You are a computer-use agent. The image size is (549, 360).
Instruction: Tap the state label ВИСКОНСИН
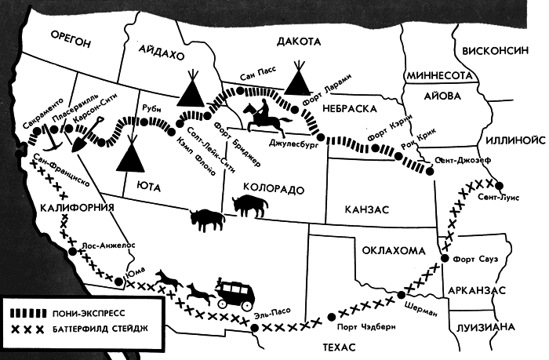(x=496, y=49)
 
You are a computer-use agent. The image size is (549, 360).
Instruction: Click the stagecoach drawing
(x=233, y=294)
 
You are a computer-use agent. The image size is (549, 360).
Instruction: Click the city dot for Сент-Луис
(x=496, y=183)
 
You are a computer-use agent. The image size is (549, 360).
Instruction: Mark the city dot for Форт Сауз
(x=445, y=259)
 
